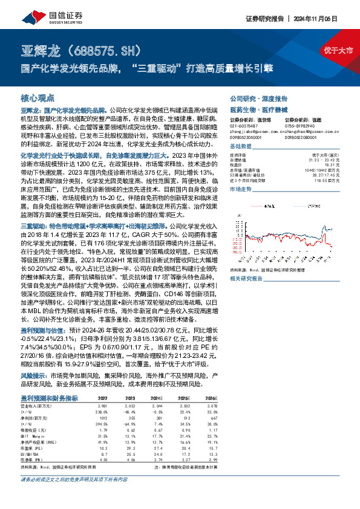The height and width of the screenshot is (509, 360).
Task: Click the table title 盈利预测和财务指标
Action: coord(50,398)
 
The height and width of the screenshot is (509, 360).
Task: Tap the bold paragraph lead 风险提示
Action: coord(34,375)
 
